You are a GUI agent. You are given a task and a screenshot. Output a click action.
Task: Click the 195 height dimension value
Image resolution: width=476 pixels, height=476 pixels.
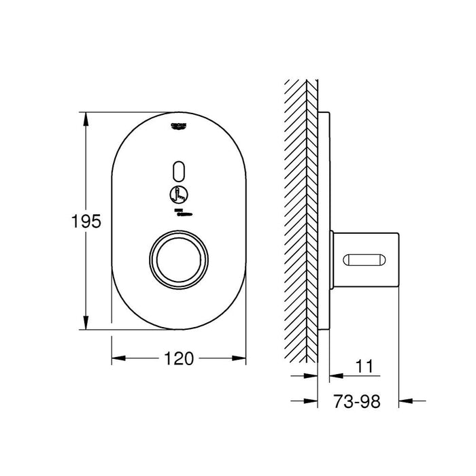coord(86,221)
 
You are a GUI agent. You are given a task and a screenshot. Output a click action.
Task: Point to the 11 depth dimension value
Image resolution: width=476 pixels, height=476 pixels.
coord(365,367)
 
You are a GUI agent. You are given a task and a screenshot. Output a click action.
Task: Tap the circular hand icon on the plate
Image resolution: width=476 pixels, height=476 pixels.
coord(179,194)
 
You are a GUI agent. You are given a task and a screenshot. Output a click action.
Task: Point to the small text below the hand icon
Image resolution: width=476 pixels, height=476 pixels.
coord(179,213)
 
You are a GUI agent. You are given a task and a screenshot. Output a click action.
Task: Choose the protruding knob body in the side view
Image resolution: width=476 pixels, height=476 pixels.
coord(367,259)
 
